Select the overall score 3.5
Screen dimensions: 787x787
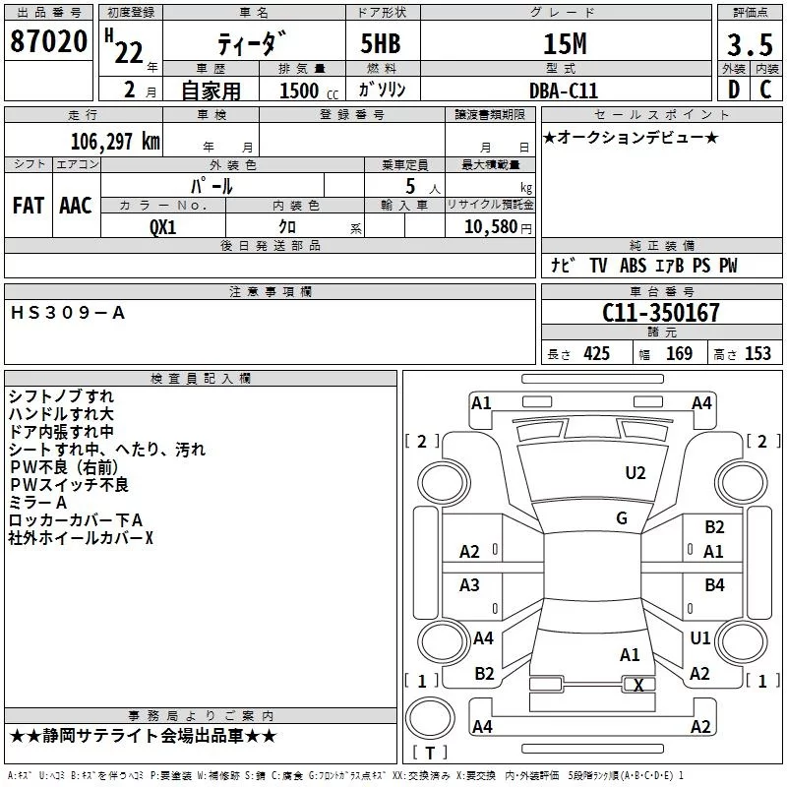click(749, 44)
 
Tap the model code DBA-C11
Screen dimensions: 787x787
click(558, 90)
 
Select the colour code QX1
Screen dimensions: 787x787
click(163, 226)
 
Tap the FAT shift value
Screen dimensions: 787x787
click(29, 205)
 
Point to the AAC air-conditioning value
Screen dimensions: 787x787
click(76, 205)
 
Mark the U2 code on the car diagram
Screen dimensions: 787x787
click(636, 473)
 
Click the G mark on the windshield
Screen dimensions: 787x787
click(622, 517)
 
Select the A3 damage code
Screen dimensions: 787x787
click(470, 585)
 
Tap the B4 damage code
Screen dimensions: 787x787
click(714, 585)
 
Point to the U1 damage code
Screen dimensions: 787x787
click(700, 638)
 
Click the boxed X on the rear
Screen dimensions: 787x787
click(639, 686)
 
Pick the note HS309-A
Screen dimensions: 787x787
click(68, 313)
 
